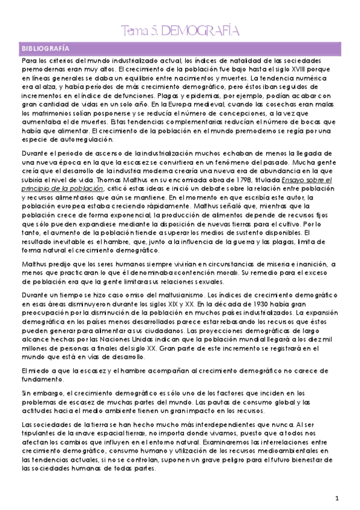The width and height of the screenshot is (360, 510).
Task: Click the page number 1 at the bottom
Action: [338, 498]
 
